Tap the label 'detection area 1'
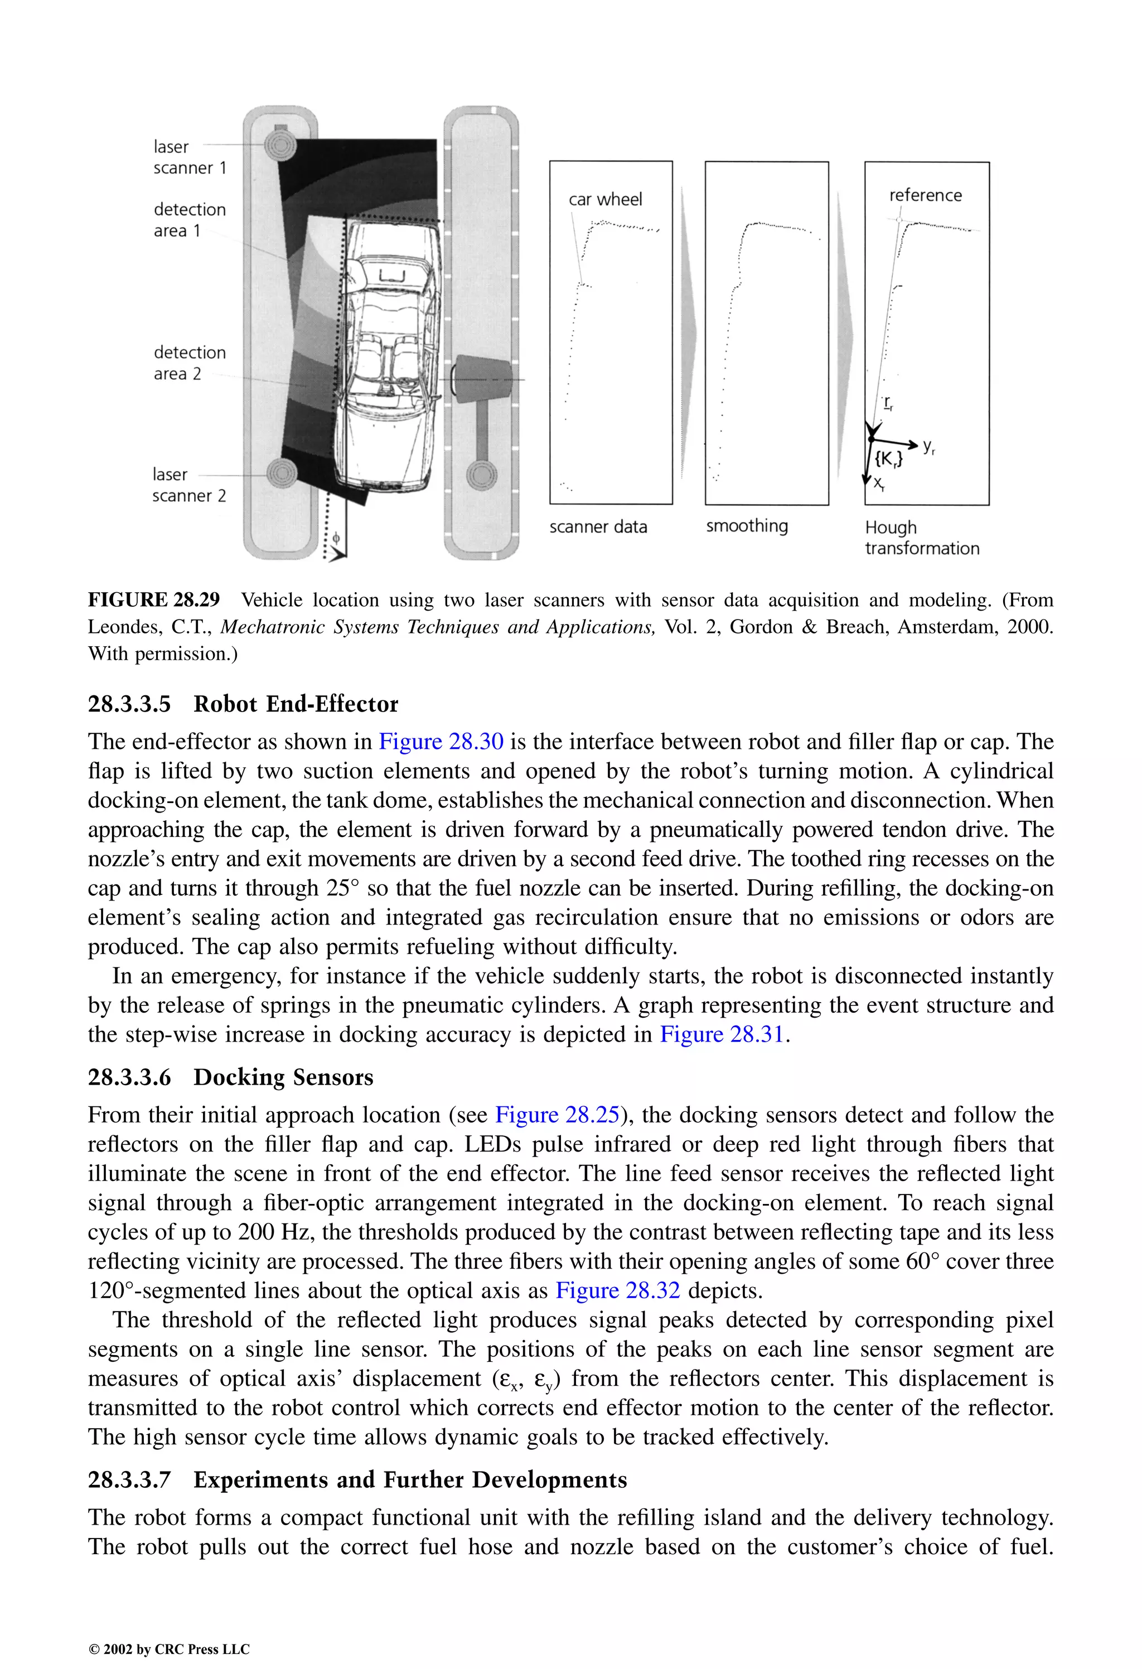coord(189,220)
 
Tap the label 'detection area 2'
coord(189,362)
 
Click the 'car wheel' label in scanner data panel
coord(605,200)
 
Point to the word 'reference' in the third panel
coord(925,195)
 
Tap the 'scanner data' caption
coord(598,526)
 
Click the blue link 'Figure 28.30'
coord(441,741)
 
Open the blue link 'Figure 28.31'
coord(721,1034)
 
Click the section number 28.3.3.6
coord(129,1077)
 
